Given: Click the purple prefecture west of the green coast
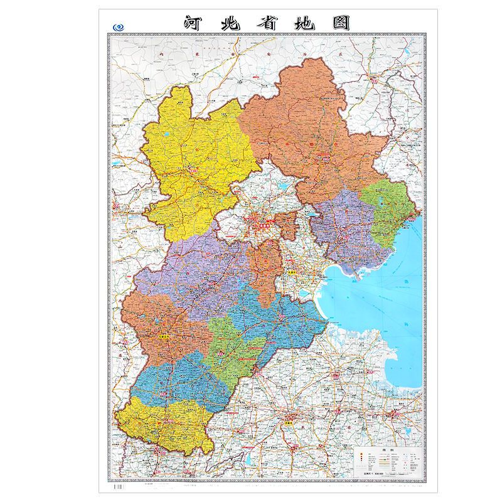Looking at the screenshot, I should [342, 232].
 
